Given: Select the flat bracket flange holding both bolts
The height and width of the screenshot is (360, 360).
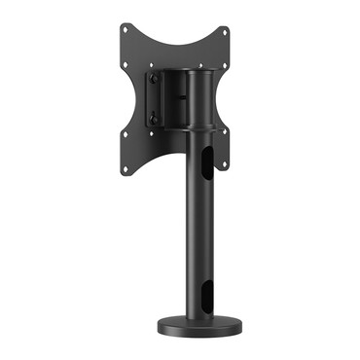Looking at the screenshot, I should tap(152, 98).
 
